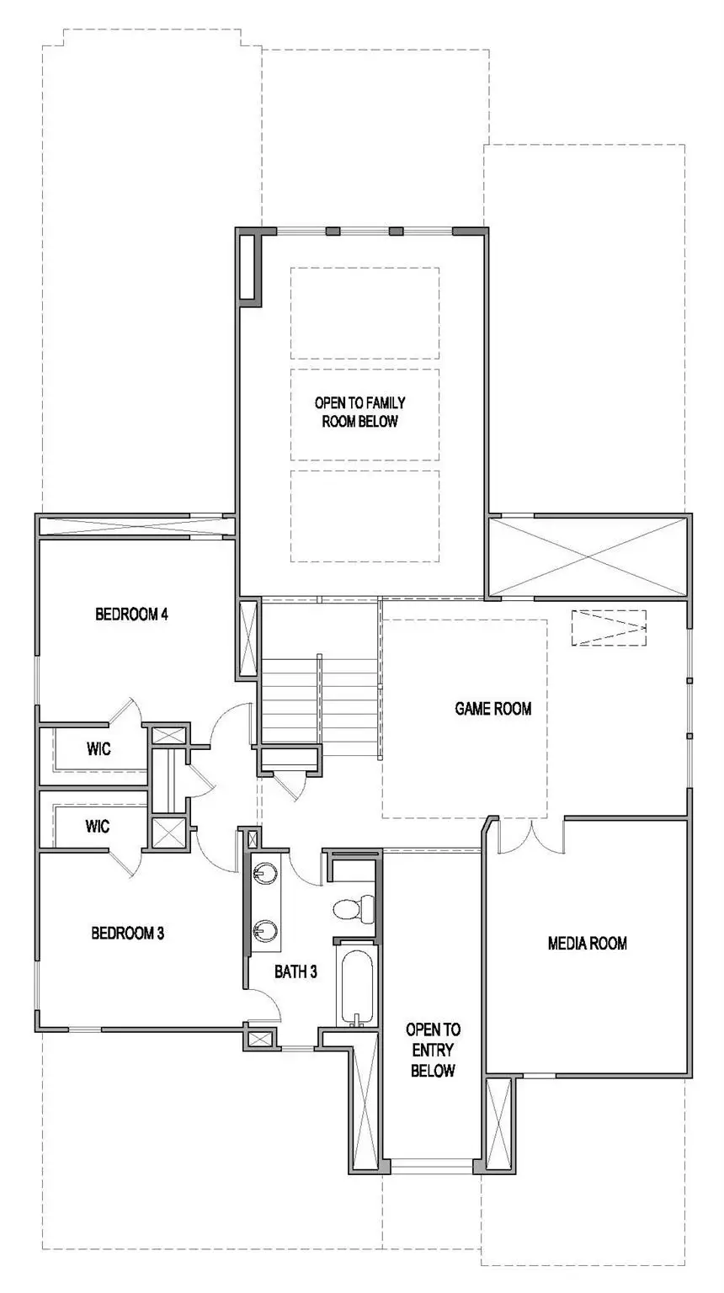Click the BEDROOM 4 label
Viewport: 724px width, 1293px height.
click(x=132, y=615)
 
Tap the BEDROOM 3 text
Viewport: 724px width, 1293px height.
click(x=127, y=933)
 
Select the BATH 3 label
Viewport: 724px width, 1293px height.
click(x=295, y=971)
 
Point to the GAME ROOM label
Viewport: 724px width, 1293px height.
click(x=493, y=709)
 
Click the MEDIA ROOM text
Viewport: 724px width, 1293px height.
click(x=587, y=943)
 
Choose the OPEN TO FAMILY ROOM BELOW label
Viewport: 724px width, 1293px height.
click(x=359, y=412)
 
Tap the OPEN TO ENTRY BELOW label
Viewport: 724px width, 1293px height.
click(x=433, y=1050)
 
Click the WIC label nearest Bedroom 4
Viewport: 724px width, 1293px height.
click(x=98, y=748)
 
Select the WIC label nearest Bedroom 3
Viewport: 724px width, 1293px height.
click(x=98, y=827)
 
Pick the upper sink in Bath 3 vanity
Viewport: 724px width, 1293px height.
click(x=266, y=873)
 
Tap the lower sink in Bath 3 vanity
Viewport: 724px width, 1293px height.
click(x=266, y=930)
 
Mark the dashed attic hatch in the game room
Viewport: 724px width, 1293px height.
click(x=609, y=628)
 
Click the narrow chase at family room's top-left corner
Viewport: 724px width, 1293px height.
click(x=249, y=267)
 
